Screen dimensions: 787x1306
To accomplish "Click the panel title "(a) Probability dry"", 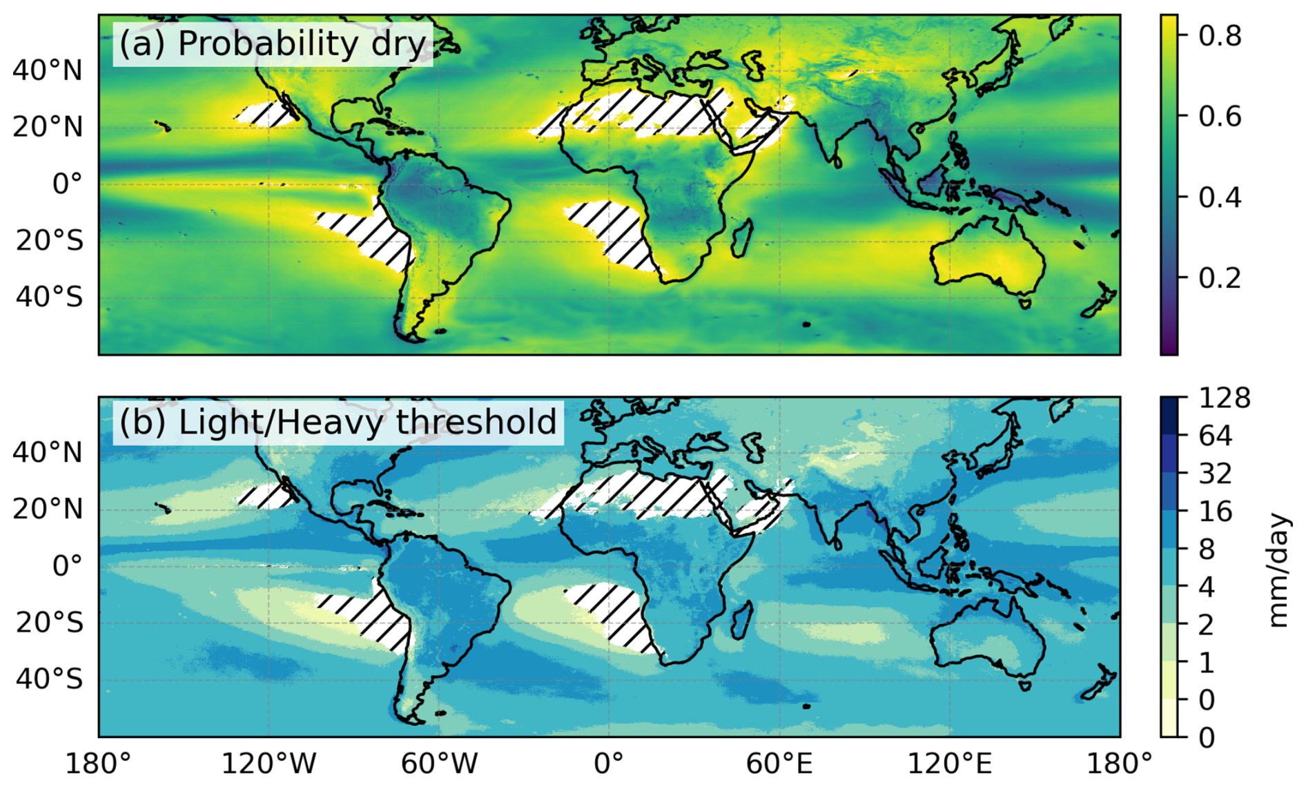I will (x=273, y=44).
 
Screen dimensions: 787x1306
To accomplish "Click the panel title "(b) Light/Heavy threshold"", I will (x=338, y=422).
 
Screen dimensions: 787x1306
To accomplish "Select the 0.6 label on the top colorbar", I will (x=1220, y=116).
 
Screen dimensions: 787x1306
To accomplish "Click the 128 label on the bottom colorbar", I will (x=1224, y=398).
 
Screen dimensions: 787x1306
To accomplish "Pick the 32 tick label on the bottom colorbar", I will (x=1215, y=474).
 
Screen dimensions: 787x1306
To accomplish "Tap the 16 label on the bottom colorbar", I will (x=1215, y=512).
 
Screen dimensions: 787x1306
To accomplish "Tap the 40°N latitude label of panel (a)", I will (x=47, y=70).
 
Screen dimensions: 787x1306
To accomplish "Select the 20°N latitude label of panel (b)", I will (x=47, y=509).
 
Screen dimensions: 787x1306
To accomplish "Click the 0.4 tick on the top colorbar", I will (x=1220, y=197).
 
